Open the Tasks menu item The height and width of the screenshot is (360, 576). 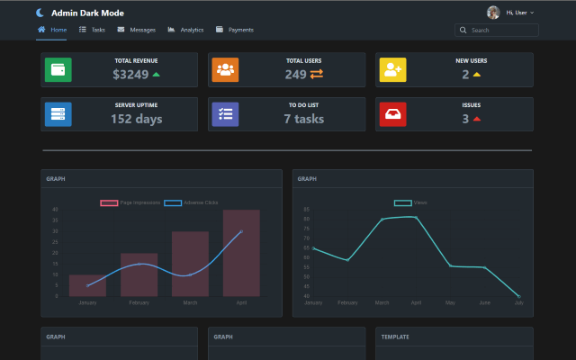[x=93, y=30]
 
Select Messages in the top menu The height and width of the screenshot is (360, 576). [x=137, y=30]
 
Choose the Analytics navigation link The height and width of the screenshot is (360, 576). [x=186, y=30]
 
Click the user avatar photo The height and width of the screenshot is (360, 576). [x=493, y=13]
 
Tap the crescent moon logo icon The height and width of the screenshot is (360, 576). [x=40, y=13]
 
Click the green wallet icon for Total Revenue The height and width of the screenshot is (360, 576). [x=58, y=69]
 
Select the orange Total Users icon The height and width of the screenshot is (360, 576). [x=225, y=69]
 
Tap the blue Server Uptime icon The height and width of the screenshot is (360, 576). [x=58, y=114]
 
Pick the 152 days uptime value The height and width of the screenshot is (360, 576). [x=136, y=119]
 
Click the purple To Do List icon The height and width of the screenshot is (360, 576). [x=225, y=114]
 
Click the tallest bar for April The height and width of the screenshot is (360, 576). [x=241, y=253]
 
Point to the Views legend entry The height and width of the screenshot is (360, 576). [x=411, y=202]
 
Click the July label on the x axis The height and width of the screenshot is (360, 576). [x=518, y=302]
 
